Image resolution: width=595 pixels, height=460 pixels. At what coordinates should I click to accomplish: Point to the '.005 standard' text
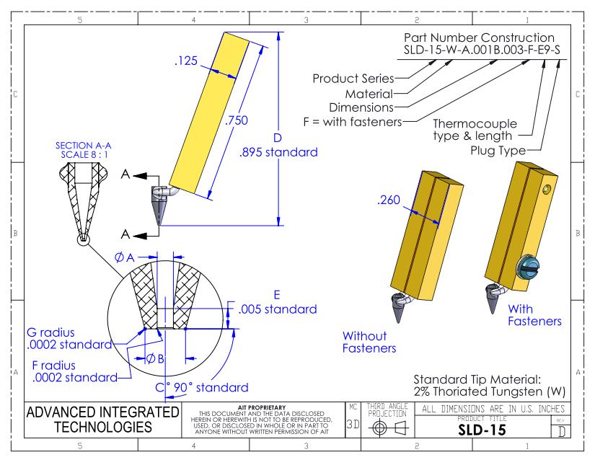[x=278, y=310]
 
